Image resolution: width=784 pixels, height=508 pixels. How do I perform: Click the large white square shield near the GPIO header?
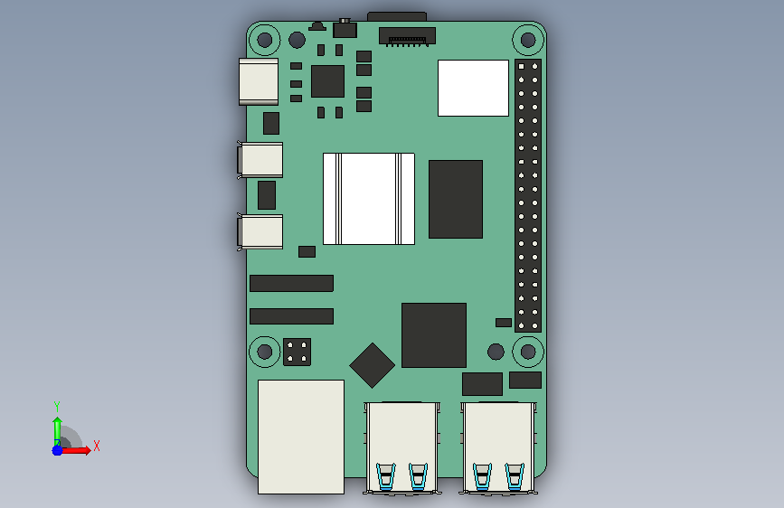tap(473, 88)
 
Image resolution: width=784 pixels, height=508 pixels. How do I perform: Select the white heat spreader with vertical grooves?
tap(369, 199)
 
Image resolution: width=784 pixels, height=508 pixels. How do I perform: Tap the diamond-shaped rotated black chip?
tap(372, 365)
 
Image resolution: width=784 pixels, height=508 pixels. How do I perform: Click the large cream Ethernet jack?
tap(301, 437)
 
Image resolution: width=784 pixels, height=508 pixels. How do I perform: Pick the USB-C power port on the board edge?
tap(259, 82)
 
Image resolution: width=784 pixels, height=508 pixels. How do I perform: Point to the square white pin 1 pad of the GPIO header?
tap(522, 66)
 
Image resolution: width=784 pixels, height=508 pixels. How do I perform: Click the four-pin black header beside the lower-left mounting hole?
tap(297, 352)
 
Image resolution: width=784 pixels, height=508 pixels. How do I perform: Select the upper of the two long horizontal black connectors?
tap(291, 283)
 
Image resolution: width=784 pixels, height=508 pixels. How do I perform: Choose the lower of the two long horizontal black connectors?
tap(291, 316)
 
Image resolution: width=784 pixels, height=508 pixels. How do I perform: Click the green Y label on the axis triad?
tap(57, 407)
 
